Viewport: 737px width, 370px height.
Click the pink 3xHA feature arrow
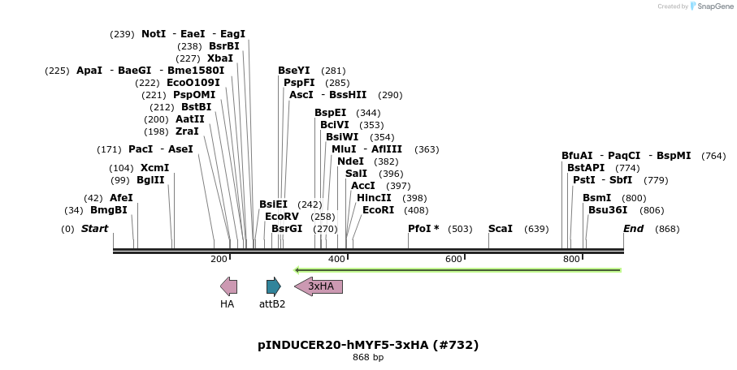coord(319,286)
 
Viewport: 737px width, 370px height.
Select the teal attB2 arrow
coord(273,286)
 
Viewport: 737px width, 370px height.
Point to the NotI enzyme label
coord(154,34)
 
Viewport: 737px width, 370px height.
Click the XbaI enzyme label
coord(220,58)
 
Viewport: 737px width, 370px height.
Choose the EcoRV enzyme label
coord(282,217)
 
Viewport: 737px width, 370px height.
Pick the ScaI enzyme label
coord(500,229)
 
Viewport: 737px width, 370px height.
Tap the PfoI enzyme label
coord(423,229)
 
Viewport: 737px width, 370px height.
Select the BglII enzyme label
coord(150,180)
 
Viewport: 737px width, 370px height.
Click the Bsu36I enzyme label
coord(608,210)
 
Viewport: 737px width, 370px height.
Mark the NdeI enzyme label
coord(350,161)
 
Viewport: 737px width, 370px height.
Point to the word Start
coord(94,229)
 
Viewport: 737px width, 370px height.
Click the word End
coord(633,229)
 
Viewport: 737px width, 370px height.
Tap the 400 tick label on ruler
coord(336,259)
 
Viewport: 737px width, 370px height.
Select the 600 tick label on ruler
coord(453,259)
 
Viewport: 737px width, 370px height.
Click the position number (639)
coord(536,229)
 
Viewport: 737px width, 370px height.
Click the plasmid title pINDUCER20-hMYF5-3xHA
coord(368,345)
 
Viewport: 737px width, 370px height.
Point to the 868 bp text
coord(368,357)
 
